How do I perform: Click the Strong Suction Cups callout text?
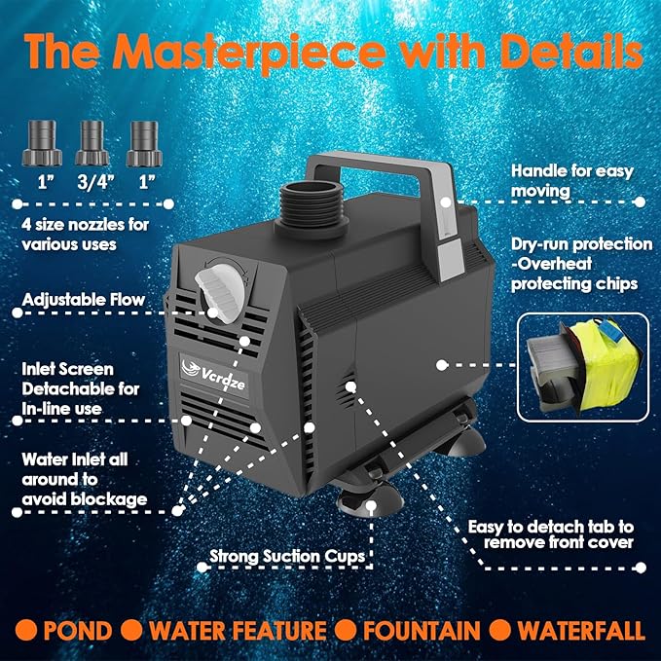(x=287, y=557)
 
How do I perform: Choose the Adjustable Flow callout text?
(x=83, y=300)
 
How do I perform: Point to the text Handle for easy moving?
(x=571, y=181)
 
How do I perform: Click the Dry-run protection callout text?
(x=581, y=264)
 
